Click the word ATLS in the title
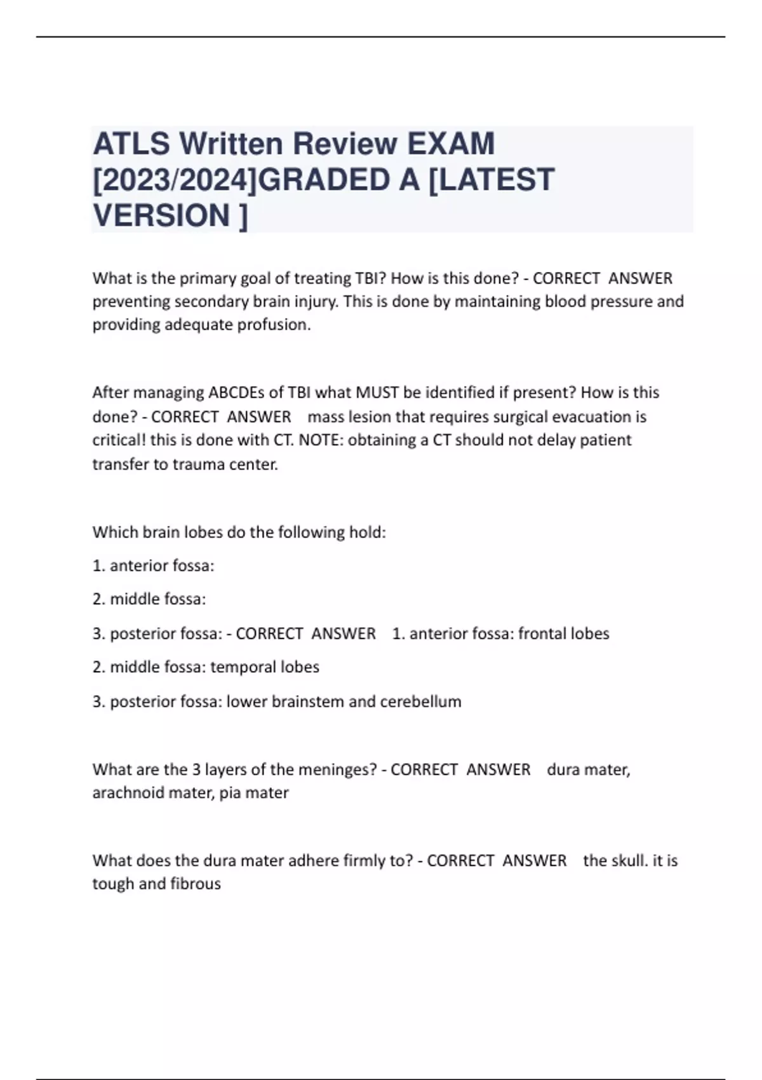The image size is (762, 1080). click(x=130, y=144)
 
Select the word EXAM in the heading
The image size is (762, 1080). click(x=450, y=144)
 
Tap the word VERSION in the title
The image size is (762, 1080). click(x=162, y=215)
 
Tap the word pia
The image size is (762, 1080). click(x=229, y=793)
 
